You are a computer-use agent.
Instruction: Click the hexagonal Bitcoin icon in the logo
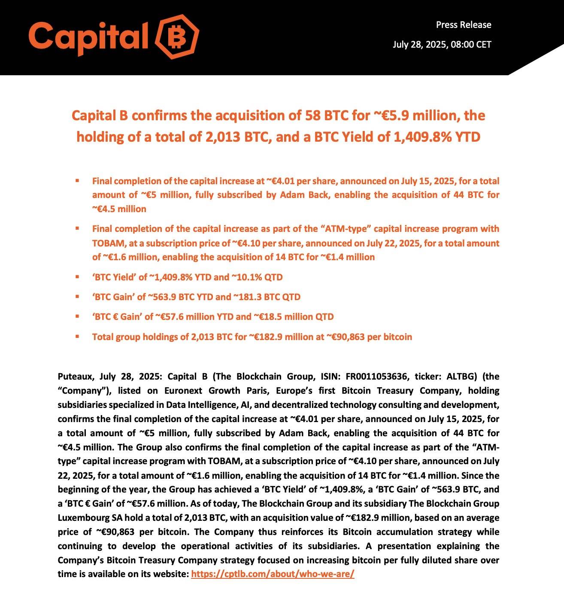pyautogui.click(x=176, y=36)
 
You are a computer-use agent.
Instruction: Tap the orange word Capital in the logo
pyautogui.click(x=88, y=36)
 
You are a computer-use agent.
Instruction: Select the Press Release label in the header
pyautogui.click(x=464, y=25)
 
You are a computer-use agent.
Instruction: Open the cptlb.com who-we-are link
pyautogui.click(x=273, y=574)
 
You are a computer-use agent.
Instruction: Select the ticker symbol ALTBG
pyautogui.click(x=459, y=377)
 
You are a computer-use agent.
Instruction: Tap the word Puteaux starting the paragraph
pyautogui.click(x=75, y=377)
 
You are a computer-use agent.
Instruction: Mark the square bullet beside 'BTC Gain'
pyautogui.click(x=77, y=297)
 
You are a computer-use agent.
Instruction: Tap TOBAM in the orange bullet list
pyautogui.click(x=108, y=243)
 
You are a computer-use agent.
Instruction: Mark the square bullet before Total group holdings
pyautogui.click(x=77, y=337)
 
